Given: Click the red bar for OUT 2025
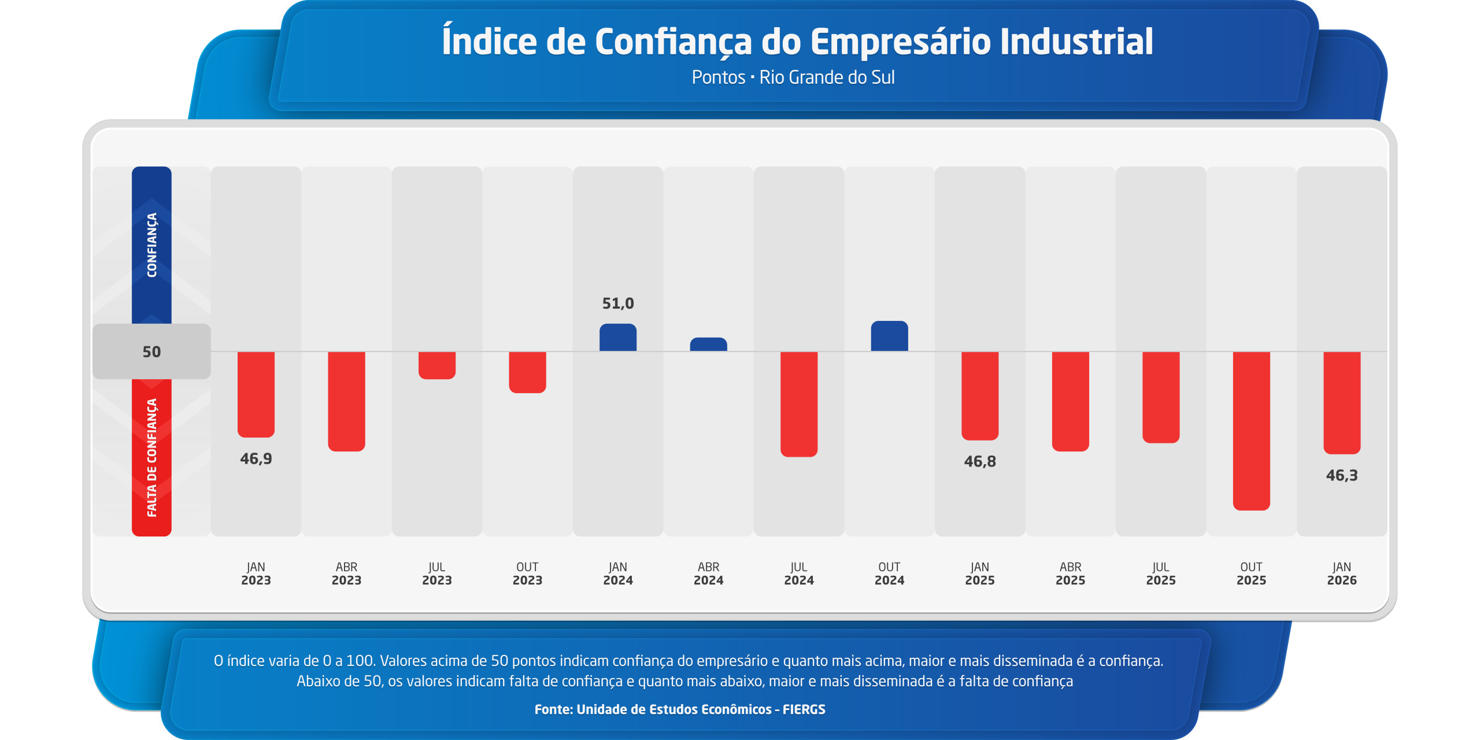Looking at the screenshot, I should (1251, 431).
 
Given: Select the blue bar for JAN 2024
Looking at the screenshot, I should (618, 338).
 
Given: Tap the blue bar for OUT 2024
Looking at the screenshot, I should (889, 336).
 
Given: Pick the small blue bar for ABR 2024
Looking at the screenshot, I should (708, 345).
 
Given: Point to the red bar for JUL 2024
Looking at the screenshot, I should (799, 404).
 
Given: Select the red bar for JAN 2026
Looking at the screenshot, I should (1342, 402).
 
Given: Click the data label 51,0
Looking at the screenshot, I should (618, 304).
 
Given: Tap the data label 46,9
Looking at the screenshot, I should (256, 459).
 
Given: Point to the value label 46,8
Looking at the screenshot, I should (980, 462).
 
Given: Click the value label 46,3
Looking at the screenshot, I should (1342, 476).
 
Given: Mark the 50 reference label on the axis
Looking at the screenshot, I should (151, 352).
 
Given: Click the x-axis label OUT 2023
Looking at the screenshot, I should (527, 573).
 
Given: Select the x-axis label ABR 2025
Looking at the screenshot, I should (1070, 573).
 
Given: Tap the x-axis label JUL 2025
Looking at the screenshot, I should (1161, 573).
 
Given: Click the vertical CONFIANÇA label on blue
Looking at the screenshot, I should (151, 245).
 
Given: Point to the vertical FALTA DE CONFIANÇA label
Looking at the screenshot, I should (151, 457).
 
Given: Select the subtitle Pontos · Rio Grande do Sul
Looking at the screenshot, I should (793, 77).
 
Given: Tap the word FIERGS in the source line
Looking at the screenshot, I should (804, 709).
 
